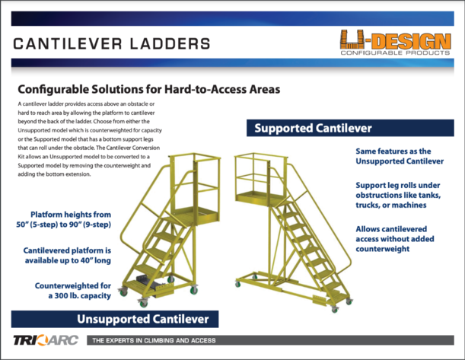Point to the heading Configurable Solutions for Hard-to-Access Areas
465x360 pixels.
pos(148,88)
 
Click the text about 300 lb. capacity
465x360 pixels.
pos(73,290)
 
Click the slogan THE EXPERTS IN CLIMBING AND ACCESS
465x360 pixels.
pos(154,339)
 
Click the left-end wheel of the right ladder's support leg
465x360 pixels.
pos(237,283)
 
